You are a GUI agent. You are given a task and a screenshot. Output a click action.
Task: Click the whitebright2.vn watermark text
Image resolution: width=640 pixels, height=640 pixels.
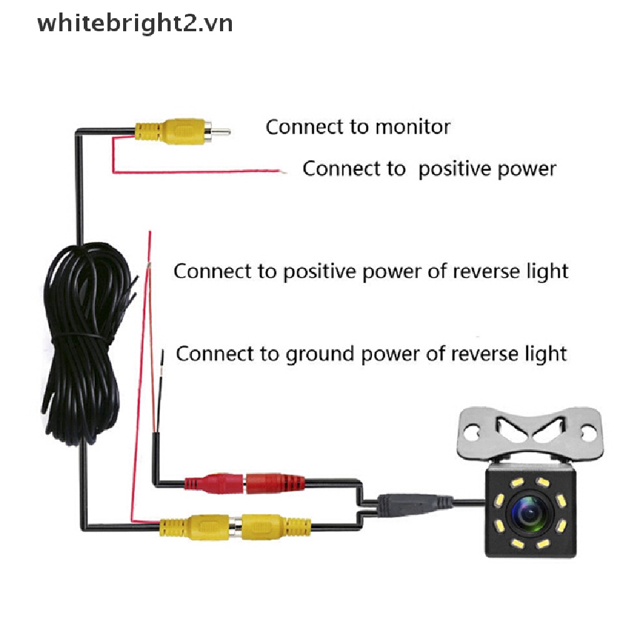coord(135,24)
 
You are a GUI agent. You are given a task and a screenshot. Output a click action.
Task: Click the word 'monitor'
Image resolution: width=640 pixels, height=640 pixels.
coord(412,127)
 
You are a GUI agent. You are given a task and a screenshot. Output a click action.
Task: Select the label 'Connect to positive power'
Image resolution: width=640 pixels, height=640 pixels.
coord(429,169)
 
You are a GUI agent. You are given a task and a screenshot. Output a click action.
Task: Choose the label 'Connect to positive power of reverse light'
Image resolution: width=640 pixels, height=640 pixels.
coord(371,271)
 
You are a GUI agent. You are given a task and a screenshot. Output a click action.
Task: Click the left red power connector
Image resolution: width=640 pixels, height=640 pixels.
coord(213,482)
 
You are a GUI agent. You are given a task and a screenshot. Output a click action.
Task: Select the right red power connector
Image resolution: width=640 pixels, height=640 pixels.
coord(275,482)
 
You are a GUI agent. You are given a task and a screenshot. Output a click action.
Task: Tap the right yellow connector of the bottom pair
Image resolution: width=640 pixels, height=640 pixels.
coord(275,526)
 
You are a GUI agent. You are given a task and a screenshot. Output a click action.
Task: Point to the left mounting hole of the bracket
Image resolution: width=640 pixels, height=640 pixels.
coord(474,430)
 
